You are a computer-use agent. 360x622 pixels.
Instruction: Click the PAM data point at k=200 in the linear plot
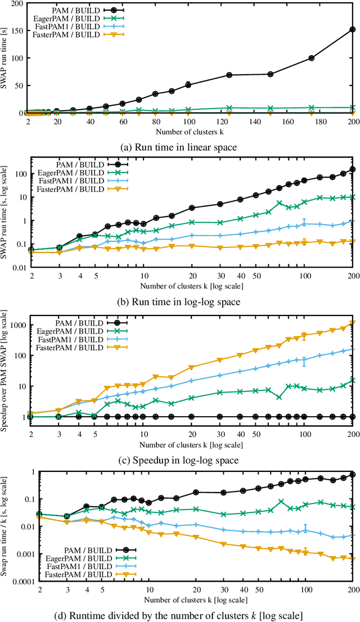(353, 29)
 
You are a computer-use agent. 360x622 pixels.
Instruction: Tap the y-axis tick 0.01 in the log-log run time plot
(20, 268)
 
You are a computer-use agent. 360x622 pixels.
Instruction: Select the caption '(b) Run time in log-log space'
(180, 301)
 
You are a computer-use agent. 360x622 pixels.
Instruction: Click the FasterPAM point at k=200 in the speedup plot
(353, 323)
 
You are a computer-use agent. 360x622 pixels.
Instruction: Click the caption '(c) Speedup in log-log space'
(180, 460)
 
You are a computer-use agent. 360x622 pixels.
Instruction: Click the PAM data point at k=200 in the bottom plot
(353, 475)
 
